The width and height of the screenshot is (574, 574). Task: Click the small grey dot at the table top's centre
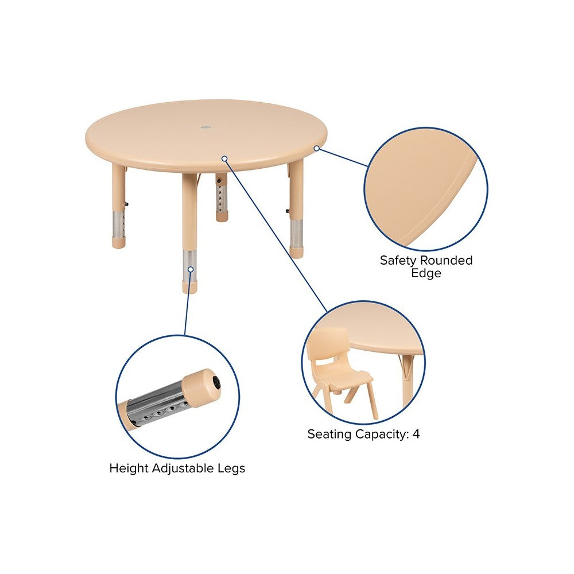(206, 127)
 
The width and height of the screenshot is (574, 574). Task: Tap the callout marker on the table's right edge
(317, 148)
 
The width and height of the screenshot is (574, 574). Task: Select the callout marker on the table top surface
(224, 158)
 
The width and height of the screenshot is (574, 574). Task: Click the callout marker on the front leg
(191, 269)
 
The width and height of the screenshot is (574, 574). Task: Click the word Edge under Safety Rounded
(426, 273)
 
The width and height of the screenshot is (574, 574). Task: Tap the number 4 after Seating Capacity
(416, 434)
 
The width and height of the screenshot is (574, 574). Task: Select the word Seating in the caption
(329, 435)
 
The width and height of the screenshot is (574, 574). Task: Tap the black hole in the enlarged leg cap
(217, 383)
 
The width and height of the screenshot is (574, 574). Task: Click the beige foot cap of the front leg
(189, 287)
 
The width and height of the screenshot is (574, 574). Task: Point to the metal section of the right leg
(296, 233)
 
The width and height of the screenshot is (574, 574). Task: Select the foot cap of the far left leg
(119, 242)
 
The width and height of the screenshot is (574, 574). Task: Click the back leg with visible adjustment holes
(222, 197)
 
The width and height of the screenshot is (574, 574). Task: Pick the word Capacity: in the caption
(382, 435)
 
